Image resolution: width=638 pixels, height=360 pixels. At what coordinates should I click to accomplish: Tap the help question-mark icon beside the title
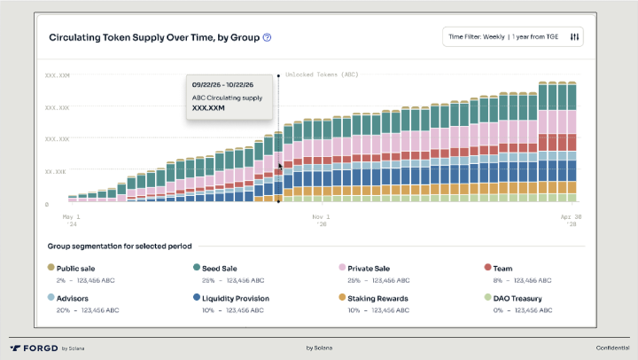pos(267,38)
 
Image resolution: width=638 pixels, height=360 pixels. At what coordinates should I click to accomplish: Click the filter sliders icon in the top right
pos(574,37)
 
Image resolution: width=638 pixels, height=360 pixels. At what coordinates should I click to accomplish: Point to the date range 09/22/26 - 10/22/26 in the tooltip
pos(224,84)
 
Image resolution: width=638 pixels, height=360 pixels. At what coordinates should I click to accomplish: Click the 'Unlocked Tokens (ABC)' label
pos(321,75)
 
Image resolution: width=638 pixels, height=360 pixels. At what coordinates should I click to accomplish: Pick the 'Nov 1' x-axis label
pos(321,215)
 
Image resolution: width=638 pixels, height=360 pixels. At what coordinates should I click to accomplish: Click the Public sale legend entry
pos(75,267)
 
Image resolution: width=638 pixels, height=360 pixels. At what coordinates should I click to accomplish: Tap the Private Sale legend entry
pos(370,267)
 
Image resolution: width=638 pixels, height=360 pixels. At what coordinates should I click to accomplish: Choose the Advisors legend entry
pos(74,299)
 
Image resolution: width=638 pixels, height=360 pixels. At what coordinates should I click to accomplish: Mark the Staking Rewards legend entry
pos(377,299)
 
